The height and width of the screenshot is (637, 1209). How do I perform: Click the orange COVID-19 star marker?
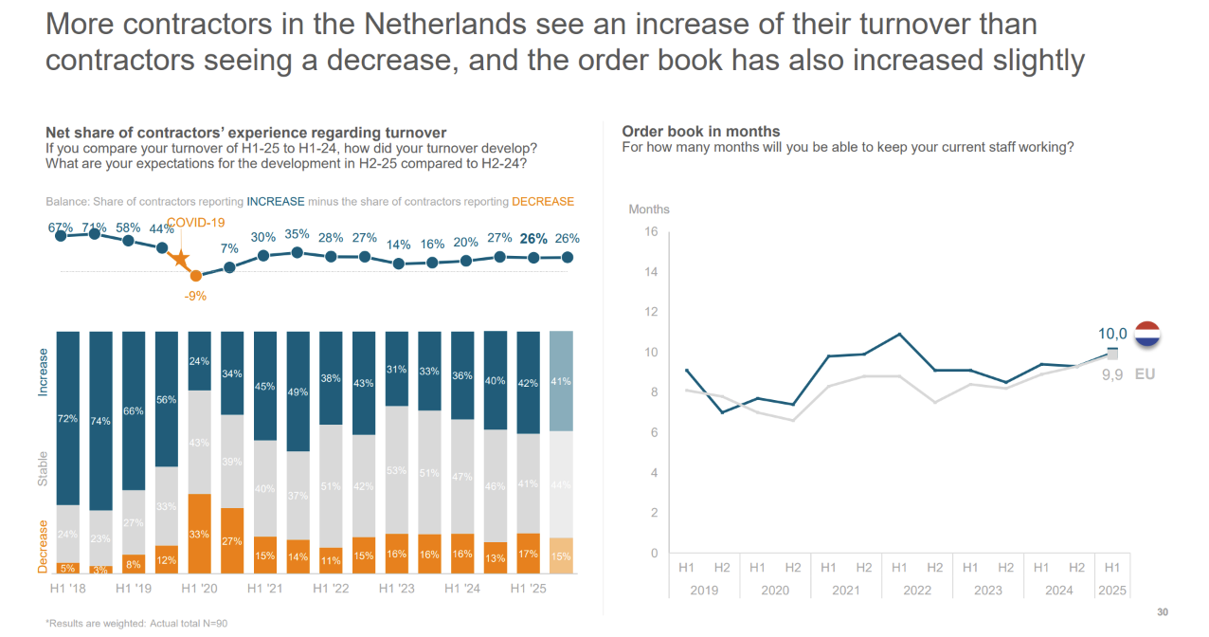click(x=178, y=260)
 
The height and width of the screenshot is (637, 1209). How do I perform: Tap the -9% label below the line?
click(x=196, y=296)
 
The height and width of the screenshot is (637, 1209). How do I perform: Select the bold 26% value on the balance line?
click(x=534, y=239)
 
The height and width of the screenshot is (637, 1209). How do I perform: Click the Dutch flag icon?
click(x=1147, y=335)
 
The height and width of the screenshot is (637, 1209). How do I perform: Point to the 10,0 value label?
click(x=1111, y=334)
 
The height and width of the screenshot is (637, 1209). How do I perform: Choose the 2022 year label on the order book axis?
click(x=917, y=590)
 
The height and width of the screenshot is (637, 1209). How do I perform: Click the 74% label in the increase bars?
click(x=101, y=422)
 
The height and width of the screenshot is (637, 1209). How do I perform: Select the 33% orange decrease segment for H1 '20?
click(x=199, y=534)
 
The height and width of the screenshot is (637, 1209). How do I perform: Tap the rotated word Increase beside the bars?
click(x=43, y=372)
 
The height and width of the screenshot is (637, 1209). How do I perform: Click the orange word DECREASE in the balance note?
click(x=543, y=202)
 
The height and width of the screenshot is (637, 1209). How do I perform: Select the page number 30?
click(x=1163, y=611)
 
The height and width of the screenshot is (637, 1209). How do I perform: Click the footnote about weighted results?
click(x=136, y=624)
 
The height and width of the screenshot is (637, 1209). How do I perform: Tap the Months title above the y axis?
click(x=649, y=209)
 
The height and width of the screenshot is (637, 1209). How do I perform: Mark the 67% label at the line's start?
click(x=61, y=227)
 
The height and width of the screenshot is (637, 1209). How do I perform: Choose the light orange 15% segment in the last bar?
click(x=561, y=555)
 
